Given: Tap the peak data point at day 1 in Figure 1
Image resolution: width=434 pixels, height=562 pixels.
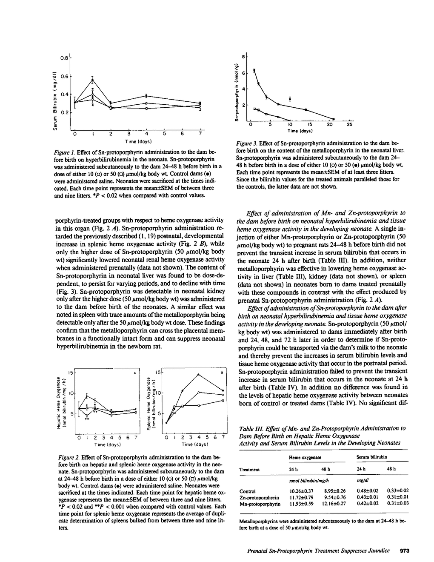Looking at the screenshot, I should [92, 79].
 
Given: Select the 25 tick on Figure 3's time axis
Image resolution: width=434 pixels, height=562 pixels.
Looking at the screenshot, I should [349, 125].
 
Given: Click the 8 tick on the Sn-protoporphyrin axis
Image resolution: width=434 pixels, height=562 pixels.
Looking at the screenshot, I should [243, 56].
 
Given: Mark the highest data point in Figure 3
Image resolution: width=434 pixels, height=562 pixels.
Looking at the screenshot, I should [254, 70].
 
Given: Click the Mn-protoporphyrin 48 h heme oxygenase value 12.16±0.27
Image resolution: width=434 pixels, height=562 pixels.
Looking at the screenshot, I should [334, 503].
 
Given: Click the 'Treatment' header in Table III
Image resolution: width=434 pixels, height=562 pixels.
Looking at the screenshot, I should [250, 469].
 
